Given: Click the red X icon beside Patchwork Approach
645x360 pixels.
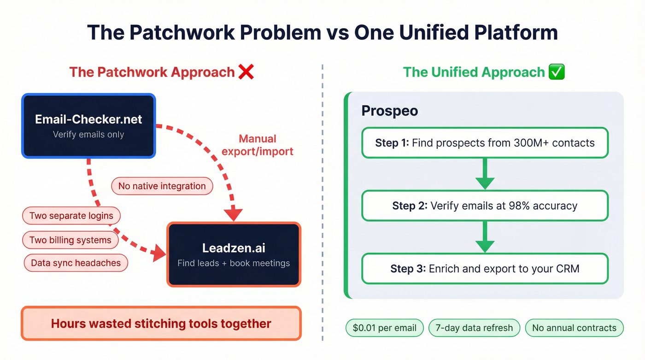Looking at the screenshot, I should pyautogui.click(x=246, y=72).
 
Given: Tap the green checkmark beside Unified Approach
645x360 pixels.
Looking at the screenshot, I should pyautogui.click(x=557, y=72).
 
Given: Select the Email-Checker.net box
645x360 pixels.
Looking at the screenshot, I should pyautogui.click(x=88, y=126).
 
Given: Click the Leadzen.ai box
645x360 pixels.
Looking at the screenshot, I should pyautogui.click(x=234, y=254).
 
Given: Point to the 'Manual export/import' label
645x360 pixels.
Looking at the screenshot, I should pyautogui.click(x=258, y=145).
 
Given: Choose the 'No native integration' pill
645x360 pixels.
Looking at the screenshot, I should pyautogui.click(x=162, y=186).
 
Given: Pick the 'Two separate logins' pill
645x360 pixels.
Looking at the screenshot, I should pyautogui.click(x=71, y=216).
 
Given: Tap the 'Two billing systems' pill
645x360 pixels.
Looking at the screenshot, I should pyautogui.click(x=70, y=240).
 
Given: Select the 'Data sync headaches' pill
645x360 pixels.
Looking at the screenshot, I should pyautogui.click(x=76, y=263).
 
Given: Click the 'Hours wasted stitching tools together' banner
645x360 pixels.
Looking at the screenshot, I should pyautogui.click(x=161, y=324).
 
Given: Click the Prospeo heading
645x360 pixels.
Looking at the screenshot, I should pyautogui.click(x=389, y=111).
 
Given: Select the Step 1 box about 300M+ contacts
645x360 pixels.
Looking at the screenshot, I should pyautogui.click(x=485, y=143).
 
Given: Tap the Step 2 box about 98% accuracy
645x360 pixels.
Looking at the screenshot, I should pyautogui.click(x=485, y=206).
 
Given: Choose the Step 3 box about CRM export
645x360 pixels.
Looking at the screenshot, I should pyautogui.click(x=485, y=268).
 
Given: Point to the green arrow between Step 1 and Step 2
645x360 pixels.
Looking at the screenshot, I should pyautogui.click(x=485, y=174).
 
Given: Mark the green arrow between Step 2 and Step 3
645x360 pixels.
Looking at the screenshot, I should pyautogui.click(x=485, y=237).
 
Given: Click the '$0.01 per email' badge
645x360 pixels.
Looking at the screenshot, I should pyautogui.click(x=384, y=328).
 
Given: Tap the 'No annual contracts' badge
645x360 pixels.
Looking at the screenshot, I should pyautogui.click(x=574, y=328).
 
